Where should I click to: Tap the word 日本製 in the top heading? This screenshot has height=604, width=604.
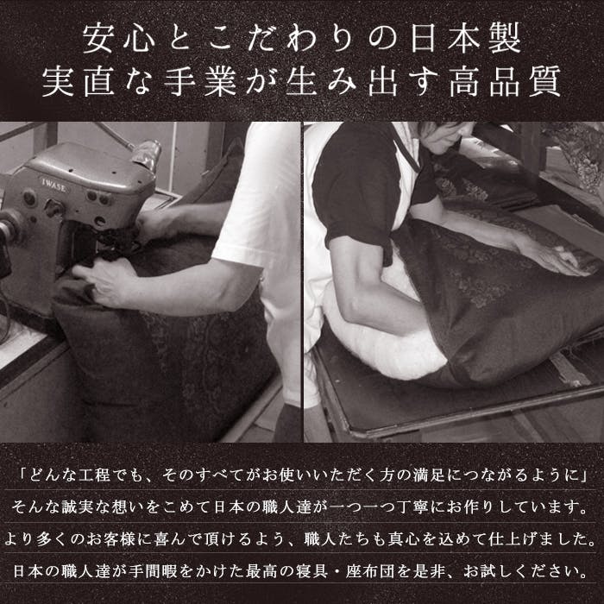tap(465, 38)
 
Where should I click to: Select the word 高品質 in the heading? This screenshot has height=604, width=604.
tap(505, 81)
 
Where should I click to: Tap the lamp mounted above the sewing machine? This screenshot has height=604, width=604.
tap(147, 154)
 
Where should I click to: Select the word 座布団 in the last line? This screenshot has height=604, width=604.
tap(371, 571)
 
